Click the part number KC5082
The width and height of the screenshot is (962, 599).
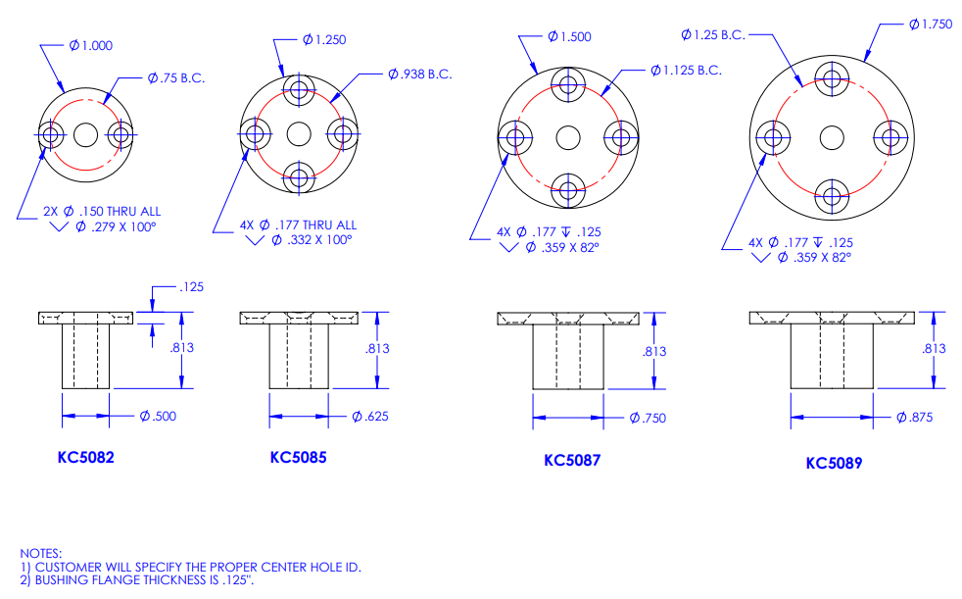point(86,456)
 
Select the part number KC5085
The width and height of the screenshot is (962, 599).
point(299,457)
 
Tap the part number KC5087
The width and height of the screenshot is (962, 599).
point(572,460)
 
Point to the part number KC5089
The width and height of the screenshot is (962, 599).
point(834,463)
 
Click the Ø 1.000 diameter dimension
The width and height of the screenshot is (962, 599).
point(91,45)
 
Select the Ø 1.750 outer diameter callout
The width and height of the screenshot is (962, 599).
point(930,25)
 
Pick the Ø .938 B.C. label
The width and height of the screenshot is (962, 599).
point(419,74)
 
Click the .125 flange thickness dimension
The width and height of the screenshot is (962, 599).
point(191,287)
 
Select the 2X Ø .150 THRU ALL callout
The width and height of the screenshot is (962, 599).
point(103,211)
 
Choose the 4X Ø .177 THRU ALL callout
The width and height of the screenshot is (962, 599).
point(298,225)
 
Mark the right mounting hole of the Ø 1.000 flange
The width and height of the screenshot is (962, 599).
point(120,133)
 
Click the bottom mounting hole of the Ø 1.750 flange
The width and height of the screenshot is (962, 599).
point(832,195)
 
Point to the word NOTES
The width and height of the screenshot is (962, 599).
point(40,554)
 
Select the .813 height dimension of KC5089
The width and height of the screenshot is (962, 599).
point(934,349)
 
